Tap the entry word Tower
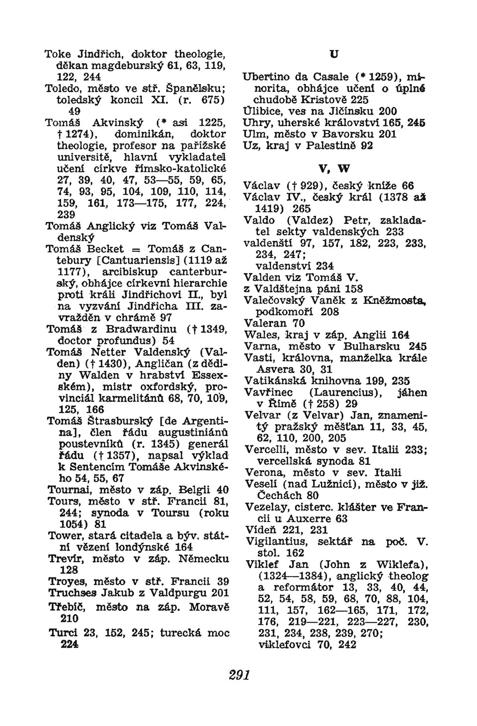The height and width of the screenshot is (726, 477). coord(64,535)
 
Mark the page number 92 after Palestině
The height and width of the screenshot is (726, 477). coord(366,145)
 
